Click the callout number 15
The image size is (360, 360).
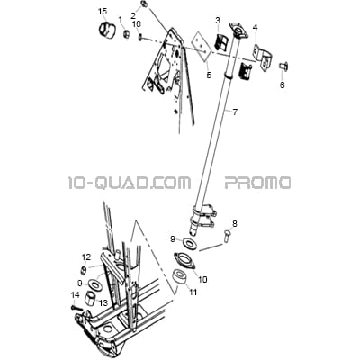click(x=103, y=12)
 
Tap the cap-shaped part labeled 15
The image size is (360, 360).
click(x=106, y=29)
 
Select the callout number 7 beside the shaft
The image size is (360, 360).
click(x=235, y=112)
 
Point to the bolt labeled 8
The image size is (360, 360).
click(x=227, y=235)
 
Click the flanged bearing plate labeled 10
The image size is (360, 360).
click(x=184, y=260)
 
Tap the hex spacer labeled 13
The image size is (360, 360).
click(x=92, y=298)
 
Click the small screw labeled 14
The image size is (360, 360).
click(x=76, y=308)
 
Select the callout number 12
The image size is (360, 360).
click(x=86, y=256)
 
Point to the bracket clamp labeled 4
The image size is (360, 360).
click(x=262, y=58)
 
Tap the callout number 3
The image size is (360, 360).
click(x=218, y=21)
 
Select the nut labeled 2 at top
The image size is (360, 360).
click(x=143, y=4)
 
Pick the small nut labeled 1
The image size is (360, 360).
click(x=126, y=33)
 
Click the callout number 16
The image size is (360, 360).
click(x=137, y=24)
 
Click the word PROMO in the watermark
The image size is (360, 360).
click(x=257, y=183)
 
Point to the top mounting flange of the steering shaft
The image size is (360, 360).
click(x=238, y=31)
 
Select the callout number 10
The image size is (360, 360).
click(x=202, y=280)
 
